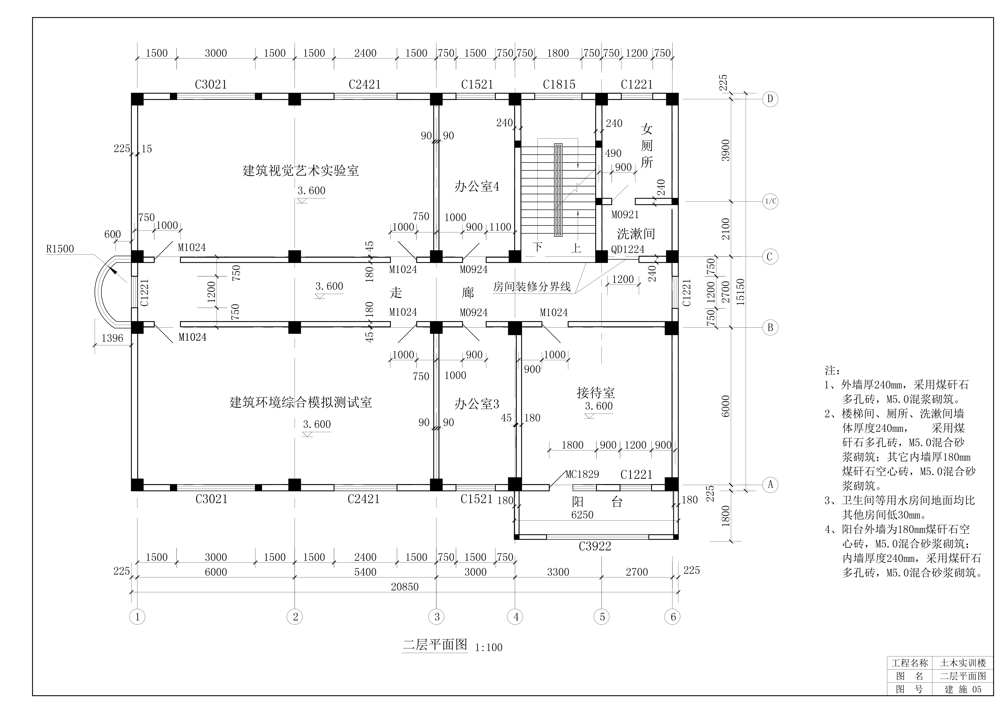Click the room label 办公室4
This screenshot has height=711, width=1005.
tap(477, 187)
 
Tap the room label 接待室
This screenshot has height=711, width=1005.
tap(596, 393)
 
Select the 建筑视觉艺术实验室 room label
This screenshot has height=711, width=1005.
tap(301, 170)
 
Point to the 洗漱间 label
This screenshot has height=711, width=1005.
tap(636, 234)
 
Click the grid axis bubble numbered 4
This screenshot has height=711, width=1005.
tap(515, 617)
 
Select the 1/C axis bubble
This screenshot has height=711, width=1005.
tap(770, 201)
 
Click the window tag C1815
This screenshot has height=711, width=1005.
tap(559, 84)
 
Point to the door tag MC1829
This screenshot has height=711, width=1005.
tap(582, 474)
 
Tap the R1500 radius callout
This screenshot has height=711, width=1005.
tap(60, 249)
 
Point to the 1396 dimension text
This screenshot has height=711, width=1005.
tap(112, 338)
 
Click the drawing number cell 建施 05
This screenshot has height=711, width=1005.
tap(963, 689)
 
